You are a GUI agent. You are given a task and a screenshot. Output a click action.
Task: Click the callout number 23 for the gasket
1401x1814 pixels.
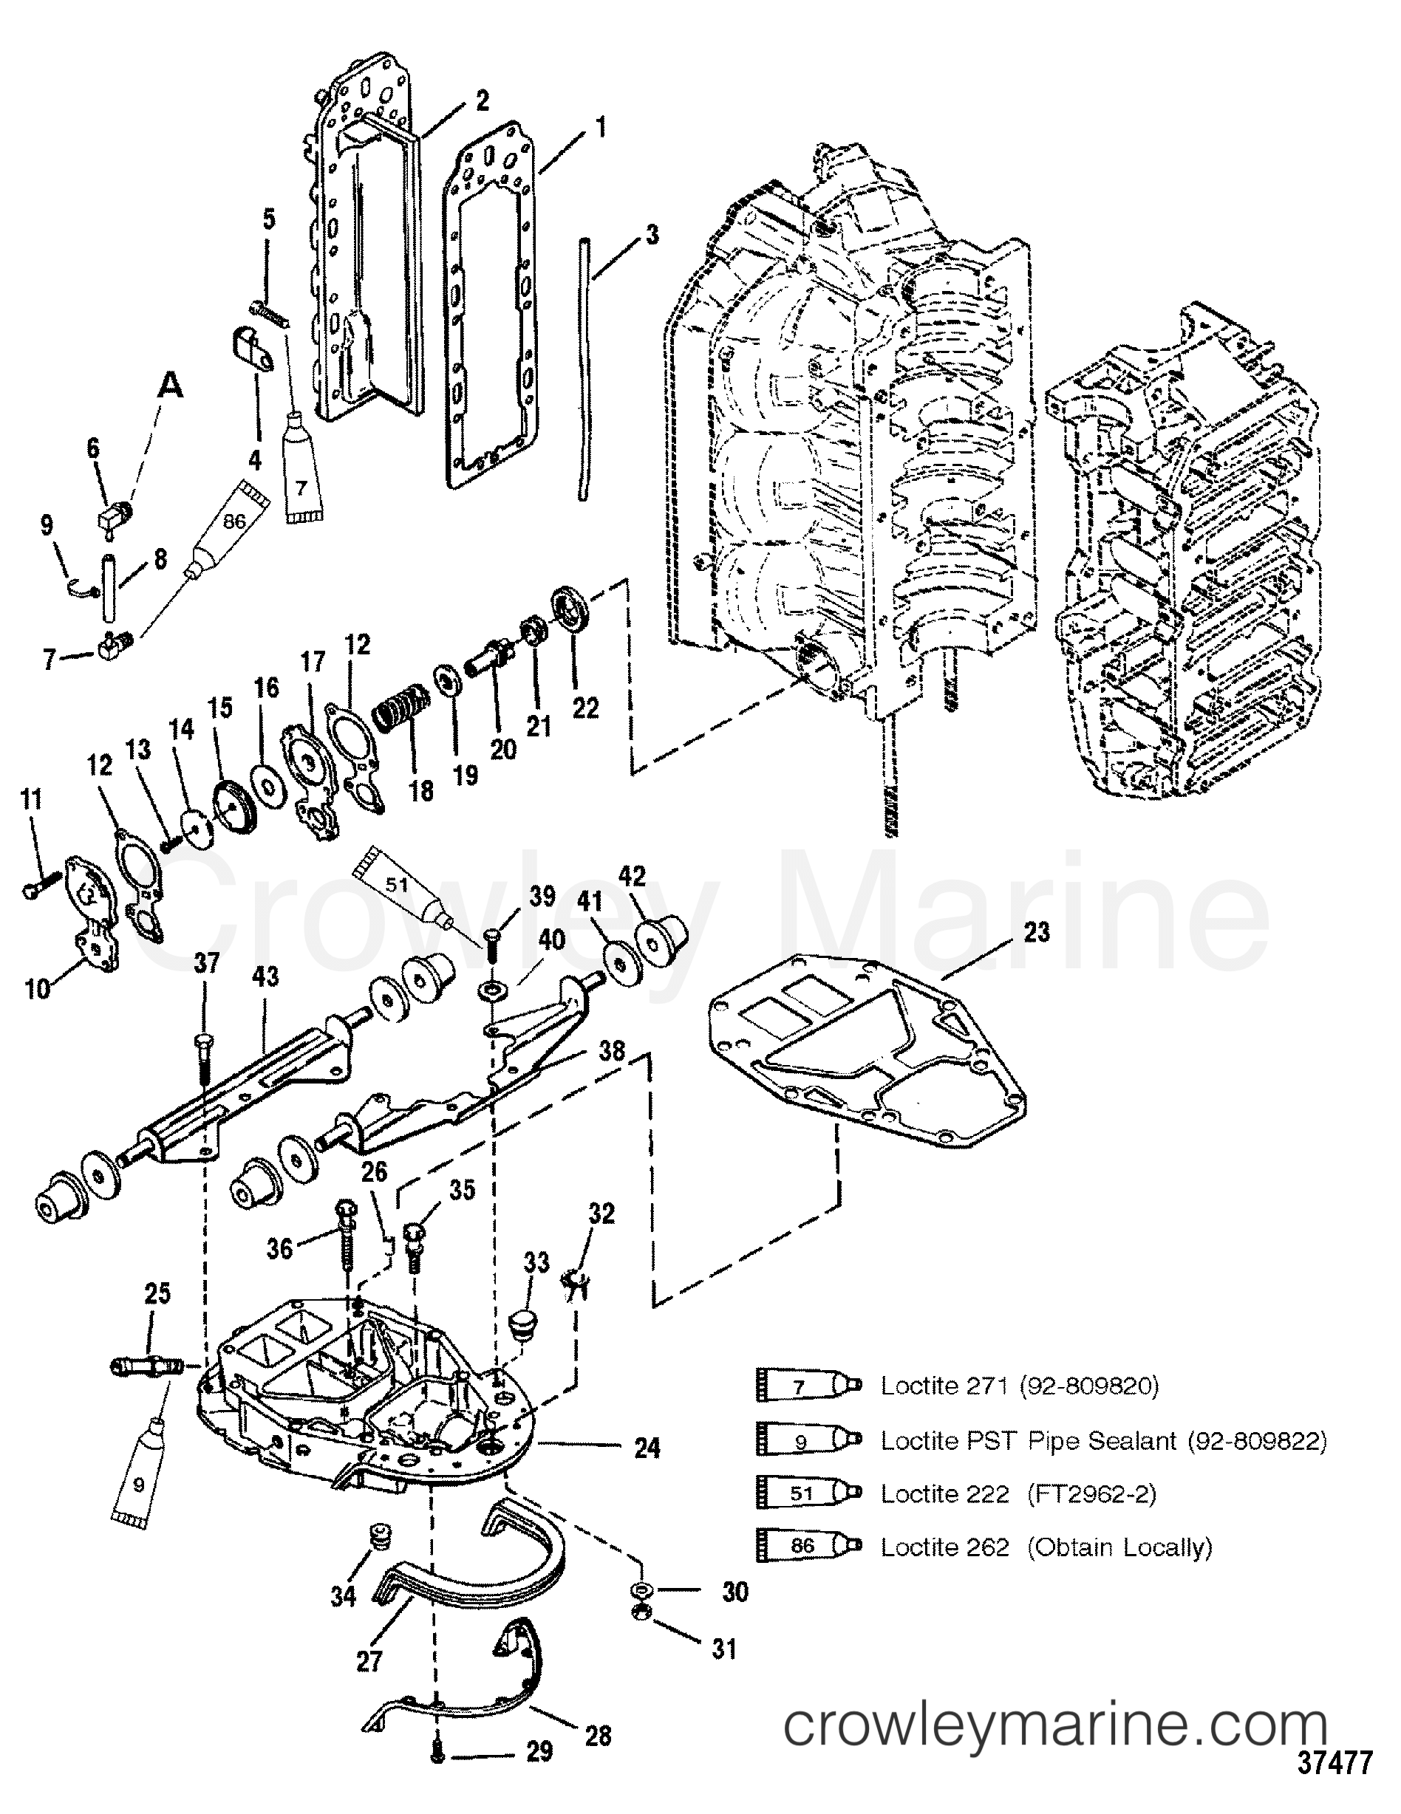(x=1037, y=933)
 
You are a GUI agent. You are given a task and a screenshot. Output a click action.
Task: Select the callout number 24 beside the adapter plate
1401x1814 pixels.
(x=647, y=1448)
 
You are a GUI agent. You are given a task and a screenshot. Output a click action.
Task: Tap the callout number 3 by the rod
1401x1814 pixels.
(x=652, y=235)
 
